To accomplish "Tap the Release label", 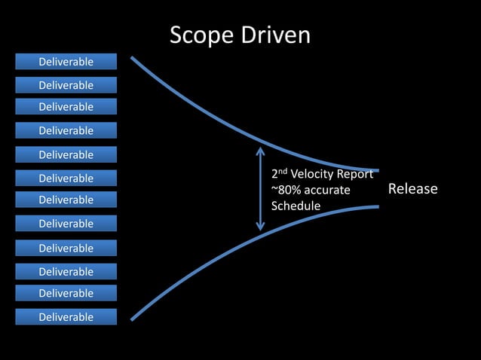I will point(412,188).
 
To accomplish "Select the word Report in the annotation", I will point(357,174).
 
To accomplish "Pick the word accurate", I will point(326,190).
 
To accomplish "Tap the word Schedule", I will point(296,206).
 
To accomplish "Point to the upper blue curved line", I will point(226,127).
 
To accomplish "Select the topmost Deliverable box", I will point(66,61).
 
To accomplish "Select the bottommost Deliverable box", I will point(66,317).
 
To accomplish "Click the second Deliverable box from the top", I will point(66,85).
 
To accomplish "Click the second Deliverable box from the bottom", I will point(66,293).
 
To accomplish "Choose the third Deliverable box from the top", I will point(66,107).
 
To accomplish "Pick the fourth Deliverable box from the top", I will point(66,130).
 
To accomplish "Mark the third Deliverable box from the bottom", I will point(66,271).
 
